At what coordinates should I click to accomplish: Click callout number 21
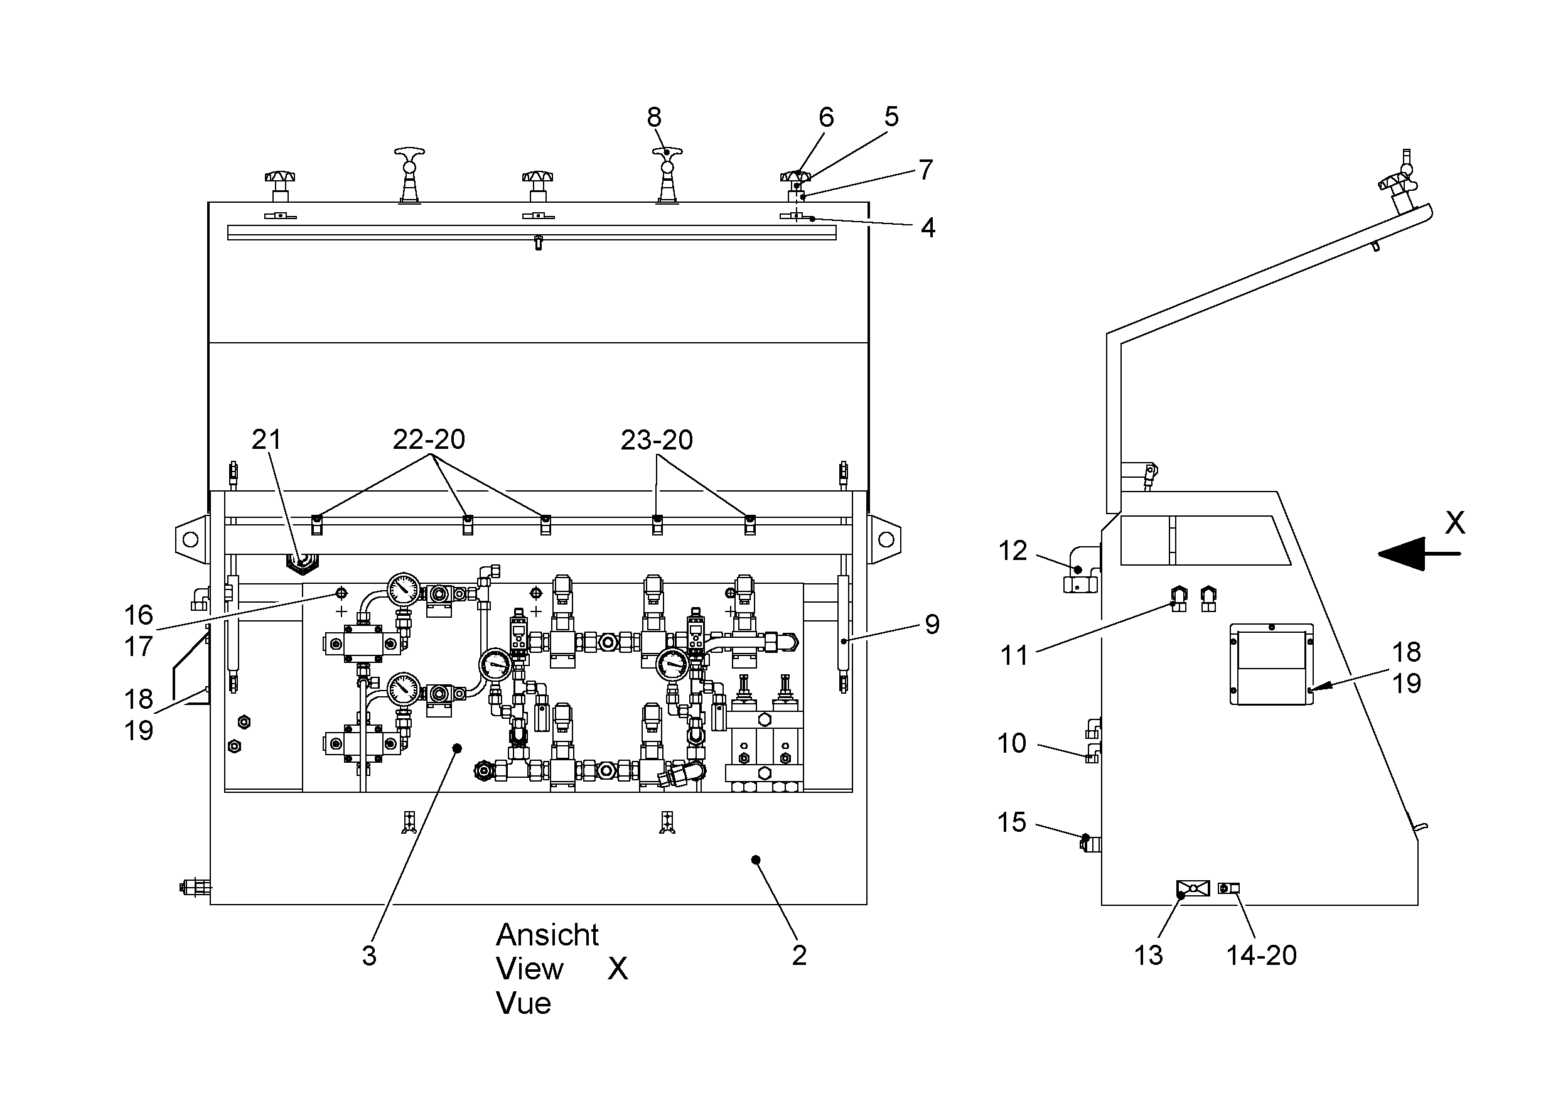coord(266,439)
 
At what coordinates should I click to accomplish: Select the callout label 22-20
coord(429,439)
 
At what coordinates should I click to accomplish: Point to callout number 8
coord(654,117)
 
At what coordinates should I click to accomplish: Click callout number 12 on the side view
coord(1013,551)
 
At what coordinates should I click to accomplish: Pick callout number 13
coord(1148,955)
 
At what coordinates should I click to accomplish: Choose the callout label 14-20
coord(1262,955)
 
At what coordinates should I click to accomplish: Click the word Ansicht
coord(547,935)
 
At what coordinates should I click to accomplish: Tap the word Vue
coord(524,1004)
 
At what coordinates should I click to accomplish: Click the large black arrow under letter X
coord(1419,554)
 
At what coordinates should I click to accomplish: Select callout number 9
coord(932,624)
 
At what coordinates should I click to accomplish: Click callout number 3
coord(369,955)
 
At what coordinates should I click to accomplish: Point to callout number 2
coord(799,955)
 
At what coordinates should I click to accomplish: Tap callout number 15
coord(1012,822)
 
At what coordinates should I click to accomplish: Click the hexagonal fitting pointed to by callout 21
coord(302,562)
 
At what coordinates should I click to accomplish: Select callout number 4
coord(928,228)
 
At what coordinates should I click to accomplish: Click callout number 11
coord(1014,655)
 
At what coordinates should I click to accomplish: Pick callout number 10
coord(1012,744)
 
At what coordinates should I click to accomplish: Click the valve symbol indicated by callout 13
coord(1193,888)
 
